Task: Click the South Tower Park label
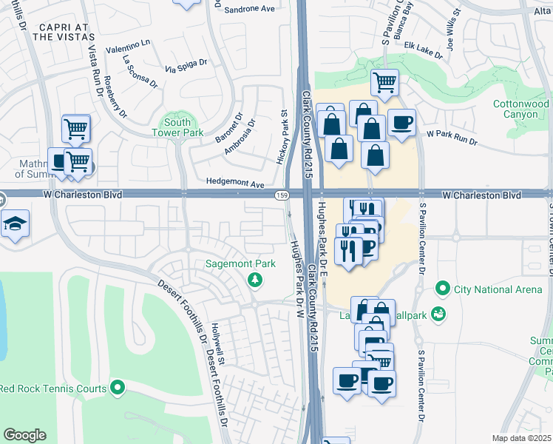(177, 127)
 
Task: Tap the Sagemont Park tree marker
(255, 279)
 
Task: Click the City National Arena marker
(443, 288)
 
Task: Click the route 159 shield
(282, 195)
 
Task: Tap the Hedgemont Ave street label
(236, 184)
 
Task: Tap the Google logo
(24, 435)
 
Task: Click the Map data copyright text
(522, 438)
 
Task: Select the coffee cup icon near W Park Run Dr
(401, 123)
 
